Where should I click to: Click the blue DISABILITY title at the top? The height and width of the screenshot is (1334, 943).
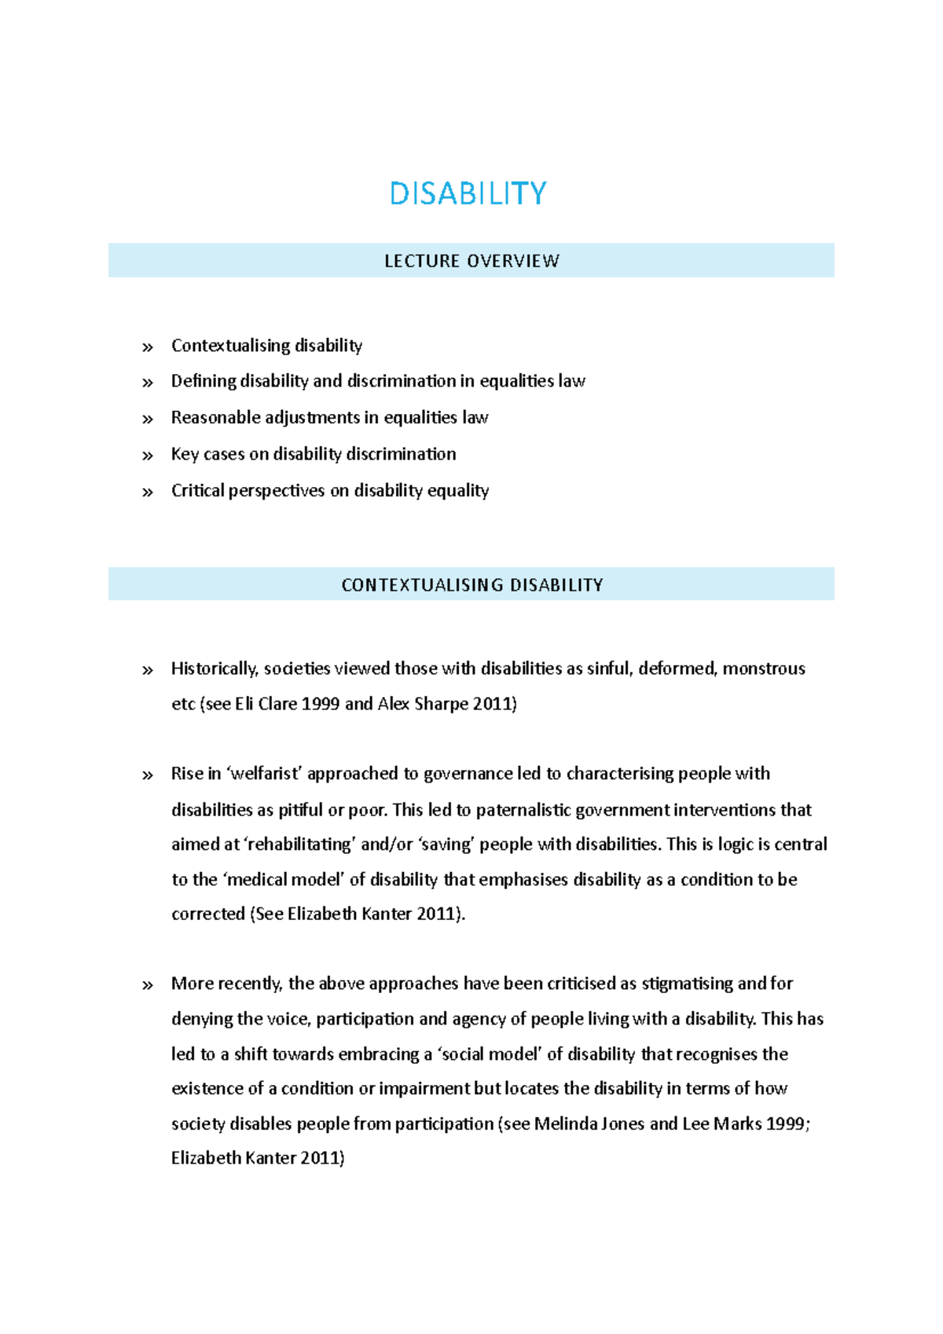pos(468,193)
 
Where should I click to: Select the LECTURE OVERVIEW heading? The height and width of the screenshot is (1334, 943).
pos(472,261)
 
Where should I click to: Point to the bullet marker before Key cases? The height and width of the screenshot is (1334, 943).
pos(147,456)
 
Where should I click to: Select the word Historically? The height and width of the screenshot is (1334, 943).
pos(214,669)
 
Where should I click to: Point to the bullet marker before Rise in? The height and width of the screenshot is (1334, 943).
pos(147,775)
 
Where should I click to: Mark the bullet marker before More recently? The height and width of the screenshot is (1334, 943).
pos(147,985)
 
